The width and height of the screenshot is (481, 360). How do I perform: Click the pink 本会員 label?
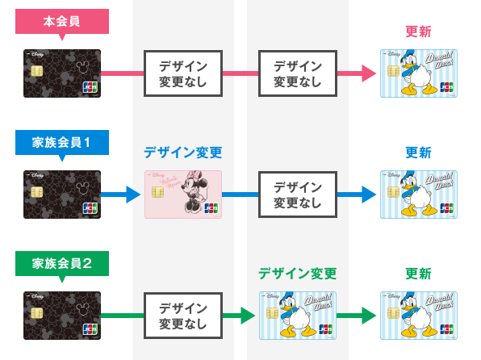pyautogui.click(x=62, y=22)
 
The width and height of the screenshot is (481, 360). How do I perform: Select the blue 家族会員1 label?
pyautogui.click(x=62, y=142)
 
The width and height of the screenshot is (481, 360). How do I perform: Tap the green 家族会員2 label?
pyautogui.click(x=62, y=262)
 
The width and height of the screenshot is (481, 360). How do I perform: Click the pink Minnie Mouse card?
pyautogui.click(x=182, y=195)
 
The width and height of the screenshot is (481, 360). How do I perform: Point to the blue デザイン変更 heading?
pyautogui.click(x=182, y=153)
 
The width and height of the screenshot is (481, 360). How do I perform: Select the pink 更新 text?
pyautogui.click(x=418, y=32)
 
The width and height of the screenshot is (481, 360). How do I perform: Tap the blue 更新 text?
pyautogui.click(x=418, y=153)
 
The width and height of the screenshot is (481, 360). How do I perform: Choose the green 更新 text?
pyautogui.click(x=418, y=273)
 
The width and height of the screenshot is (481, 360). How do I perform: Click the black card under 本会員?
pyautogui.click(x=62, y=73)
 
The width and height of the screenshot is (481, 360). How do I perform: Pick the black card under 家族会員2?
pyautogui.click(x=62, y=315)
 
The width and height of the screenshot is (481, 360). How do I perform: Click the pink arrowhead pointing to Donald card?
pyautogui.click(x=370, y=73)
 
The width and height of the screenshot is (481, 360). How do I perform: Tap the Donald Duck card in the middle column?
pyautogui.click(x=297, y=315)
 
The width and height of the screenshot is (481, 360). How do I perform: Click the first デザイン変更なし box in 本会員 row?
pyautogui.click(x=182, y=73)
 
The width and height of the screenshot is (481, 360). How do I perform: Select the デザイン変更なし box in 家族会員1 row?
pyautogui.click(x=297, y=195)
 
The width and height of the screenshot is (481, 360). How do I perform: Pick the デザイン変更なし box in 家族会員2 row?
pyautogui.click(x=182, y=315)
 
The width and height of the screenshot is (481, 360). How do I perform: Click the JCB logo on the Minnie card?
pyautogui.click(x=211, y=208)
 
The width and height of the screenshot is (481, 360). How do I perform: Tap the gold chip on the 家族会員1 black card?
pyautogui.click(x=36, y=193)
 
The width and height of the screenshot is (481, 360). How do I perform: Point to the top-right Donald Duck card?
pyautogui.click(x=418, y=73)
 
